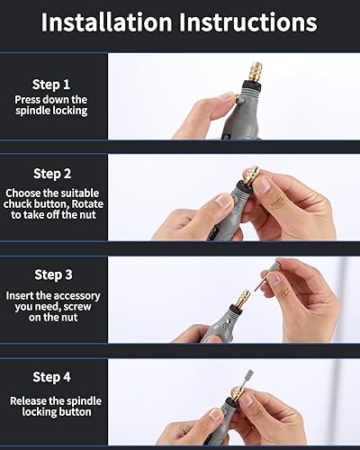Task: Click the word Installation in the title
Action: (106, 22)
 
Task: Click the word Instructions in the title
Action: (248, 22)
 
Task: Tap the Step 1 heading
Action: (51, 85)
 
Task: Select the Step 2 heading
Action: (52, 174)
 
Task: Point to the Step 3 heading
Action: (53, 274)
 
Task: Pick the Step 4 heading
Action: (51, 377)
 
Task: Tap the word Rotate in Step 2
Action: (87, 204)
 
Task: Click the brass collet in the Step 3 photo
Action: (242, 299)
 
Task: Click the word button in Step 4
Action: (75, 412)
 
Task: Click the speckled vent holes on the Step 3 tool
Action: (228, 324)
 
